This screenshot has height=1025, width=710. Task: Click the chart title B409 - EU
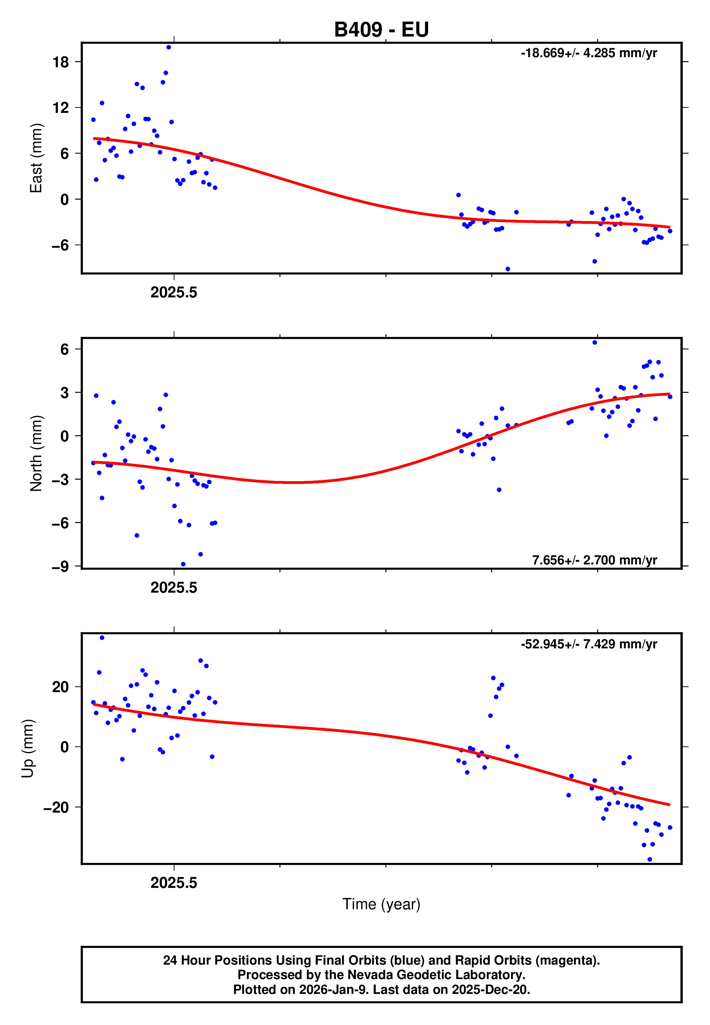point(381,30)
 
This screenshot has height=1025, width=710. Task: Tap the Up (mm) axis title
point(28,749)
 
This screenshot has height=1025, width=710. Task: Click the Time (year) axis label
point(381,904)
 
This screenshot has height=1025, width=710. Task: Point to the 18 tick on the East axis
point(60,62)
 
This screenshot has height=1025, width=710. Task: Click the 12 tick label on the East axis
point(60,107)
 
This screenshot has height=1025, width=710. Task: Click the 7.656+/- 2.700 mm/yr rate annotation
point(594,560)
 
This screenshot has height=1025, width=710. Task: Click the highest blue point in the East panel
point(169,47)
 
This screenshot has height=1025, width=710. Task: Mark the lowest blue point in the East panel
point(508,269)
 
